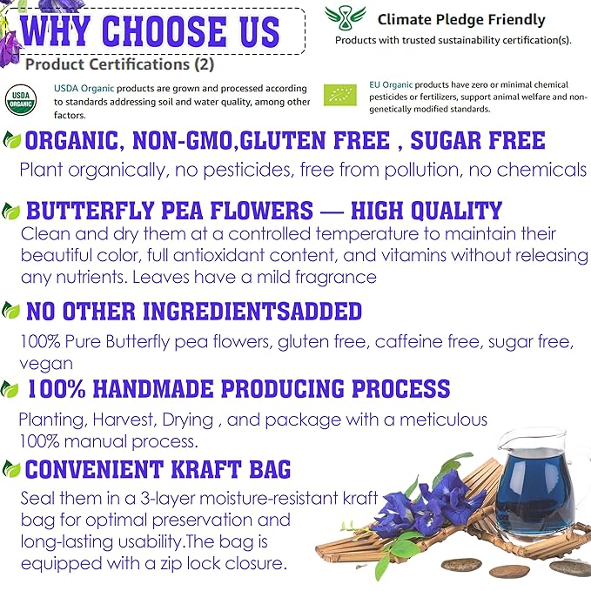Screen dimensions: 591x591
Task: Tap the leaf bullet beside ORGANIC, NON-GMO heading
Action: [12, 141]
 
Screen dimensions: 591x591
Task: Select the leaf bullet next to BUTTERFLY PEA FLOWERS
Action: [12, 211]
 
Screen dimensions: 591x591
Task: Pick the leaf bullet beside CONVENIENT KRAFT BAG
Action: [11, 471]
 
